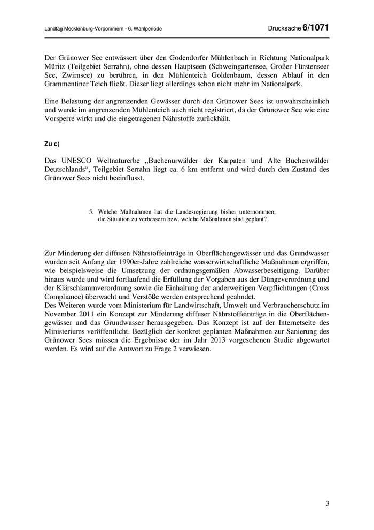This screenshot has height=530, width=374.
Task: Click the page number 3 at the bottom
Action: click(x=327, y=504)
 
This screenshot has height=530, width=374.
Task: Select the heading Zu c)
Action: click(x=52, y=143)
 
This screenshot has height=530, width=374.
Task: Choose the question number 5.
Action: click(x=91, y=211)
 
